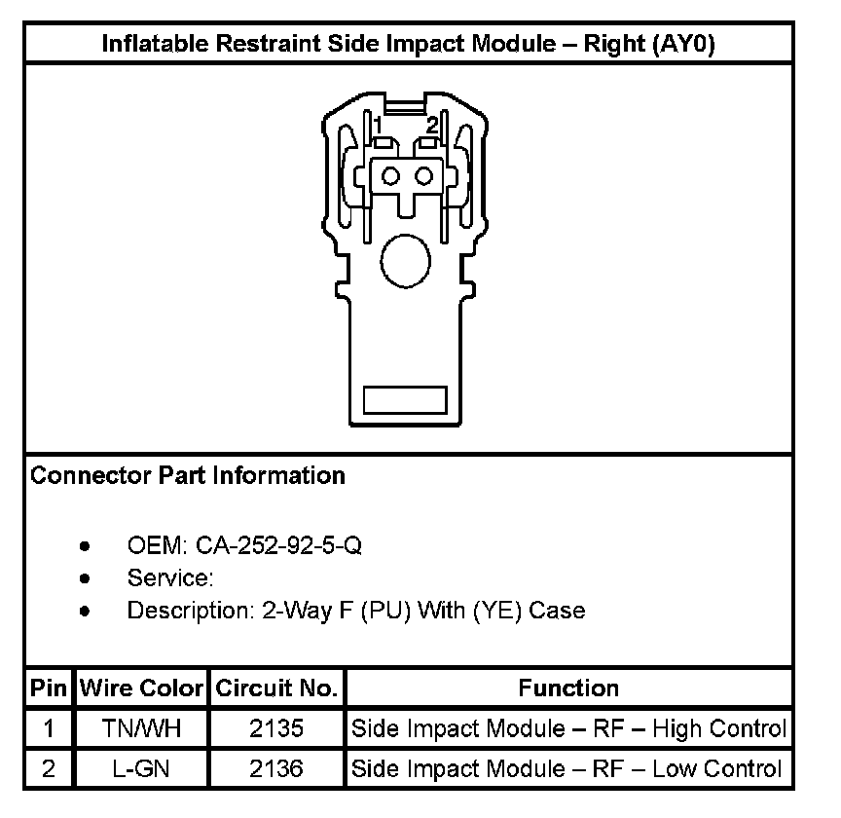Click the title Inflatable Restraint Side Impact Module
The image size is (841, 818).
(409, 45)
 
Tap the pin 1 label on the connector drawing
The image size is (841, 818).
(377, 126)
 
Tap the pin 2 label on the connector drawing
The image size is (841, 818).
(432, 126)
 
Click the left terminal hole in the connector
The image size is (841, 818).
(392, 176)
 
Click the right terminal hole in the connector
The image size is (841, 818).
(423, 176)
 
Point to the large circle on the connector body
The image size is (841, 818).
(404, 260)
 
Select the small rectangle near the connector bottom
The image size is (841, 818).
(405, 400)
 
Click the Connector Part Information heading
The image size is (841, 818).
(188, 476)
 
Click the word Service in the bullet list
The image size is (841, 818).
(169, 578)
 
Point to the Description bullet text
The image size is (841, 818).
(356, 612)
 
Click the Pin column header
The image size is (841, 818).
(48, 689)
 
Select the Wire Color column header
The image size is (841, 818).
(141, 689)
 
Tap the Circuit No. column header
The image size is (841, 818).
(276, 689)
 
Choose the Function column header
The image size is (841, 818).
(568, 689)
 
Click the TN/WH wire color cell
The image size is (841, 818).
(141, 728)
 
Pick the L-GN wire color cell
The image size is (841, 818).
(141, 769)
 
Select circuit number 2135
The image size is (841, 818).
(276, 728)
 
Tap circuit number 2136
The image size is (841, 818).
(276, 769)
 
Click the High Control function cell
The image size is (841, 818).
(568, 728)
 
